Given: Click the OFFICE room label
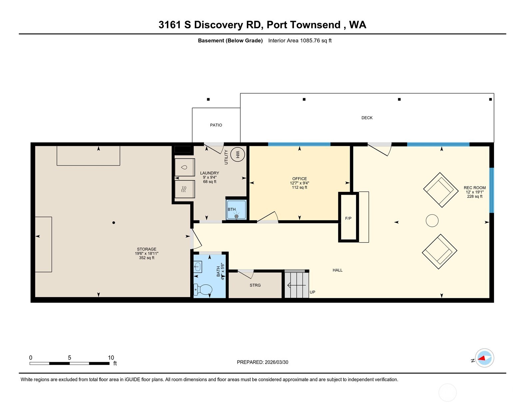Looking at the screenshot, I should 299,179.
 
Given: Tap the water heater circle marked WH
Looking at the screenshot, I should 238,154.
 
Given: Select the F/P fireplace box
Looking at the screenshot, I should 348,218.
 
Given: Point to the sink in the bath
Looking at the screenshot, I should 198,267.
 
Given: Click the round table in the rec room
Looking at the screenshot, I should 432,221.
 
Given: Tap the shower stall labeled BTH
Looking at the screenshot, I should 236,210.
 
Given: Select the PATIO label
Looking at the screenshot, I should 216,125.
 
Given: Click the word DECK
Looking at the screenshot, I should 367,118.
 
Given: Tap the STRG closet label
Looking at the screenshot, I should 255,285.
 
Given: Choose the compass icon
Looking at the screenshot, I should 484,358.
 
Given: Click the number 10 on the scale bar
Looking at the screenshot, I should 111,357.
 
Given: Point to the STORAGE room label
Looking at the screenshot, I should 147,249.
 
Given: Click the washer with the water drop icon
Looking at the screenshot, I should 185,167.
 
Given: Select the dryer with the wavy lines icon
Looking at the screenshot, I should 185,189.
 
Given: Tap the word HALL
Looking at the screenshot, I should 337,270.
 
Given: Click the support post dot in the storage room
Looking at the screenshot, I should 114,223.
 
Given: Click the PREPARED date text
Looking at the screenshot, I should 262,362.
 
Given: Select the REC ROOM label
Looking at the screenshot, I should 474,188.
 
